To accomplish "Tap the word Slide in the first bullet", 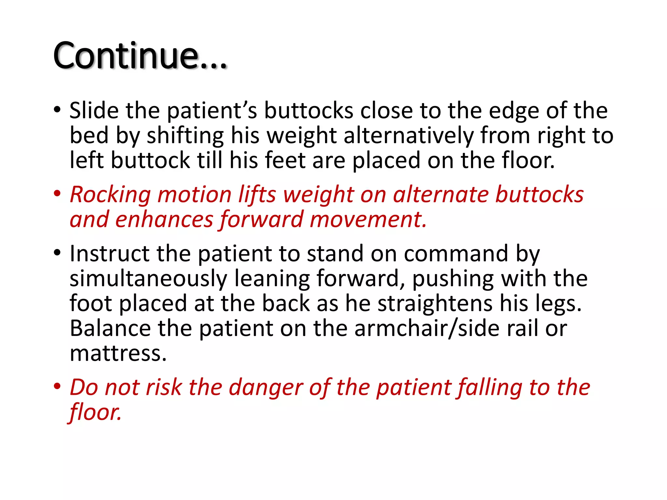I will pyautogui.click(x=94, y=111).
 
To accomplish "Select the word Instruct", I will pyautogui.click(x=109, y=254).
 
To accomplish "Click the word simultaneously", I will pyautogui.click(x=148, y=279).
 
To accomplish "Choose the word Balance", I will pyautogui.click(x=110, y=328).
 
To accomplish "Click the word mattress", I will pyautogui.click(x=118, y=354).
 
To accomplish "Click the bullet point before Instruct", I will pyautogui.click(x=57, y=253).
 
